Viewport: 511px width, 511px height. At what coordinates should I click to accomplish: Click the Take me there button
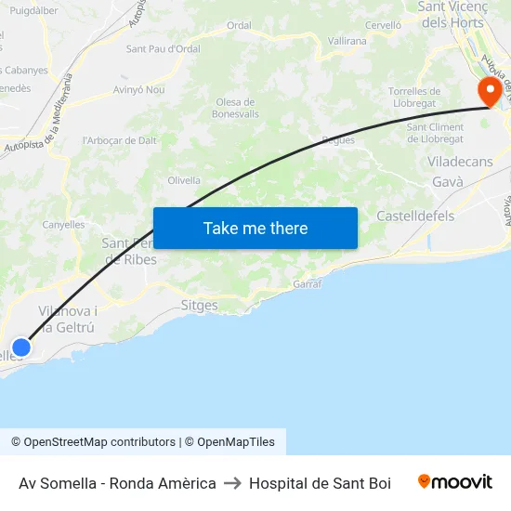point(255,228)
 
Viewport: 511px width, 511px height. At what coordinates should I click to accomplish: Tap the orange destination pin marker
point(489,91)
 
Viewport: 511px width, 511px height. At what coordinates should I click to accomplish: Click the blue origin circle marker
point(20,347)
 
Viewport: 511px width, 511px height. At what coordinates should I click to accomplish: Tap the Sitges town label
point(199,306)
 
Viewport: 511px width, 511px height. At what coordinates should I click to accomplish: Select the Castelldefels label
point(415,216)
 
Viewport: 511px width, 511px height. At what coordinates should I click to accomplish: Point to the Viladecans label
point(460,162)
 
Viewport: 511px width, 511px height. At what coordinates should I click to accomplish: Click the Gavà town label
point(447,182)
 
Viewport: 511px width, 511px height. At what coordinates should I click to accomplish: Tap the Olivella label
point(184,180)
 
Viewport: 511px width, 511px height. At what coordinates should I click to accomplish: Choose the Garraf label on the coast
point(307,284)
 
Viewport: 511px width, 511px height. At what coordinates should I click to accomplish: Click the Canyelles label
point(63,225)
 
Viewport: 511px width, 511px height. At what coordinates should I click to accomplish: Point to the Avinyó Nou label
point(138,90)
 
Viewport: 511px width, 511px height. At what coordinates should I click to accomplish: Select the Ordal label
point(239,25)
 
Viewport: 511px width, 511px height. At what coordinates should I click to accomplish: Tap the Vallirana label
point(347,41)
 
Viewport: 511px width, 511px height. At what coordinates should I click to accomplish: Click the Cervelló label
point(383,25)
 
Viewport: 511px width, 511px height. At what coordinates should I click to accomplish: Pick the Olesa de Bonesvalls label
point(234,108)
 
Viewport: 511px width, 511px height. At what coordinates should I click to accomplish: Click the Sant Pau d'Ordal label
point(163,48)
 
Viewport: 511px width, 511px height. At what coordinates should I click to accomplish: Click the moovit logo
point(454,482)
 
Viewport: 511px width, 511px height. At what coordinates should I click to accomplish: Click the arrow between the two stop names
point(232,483)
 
